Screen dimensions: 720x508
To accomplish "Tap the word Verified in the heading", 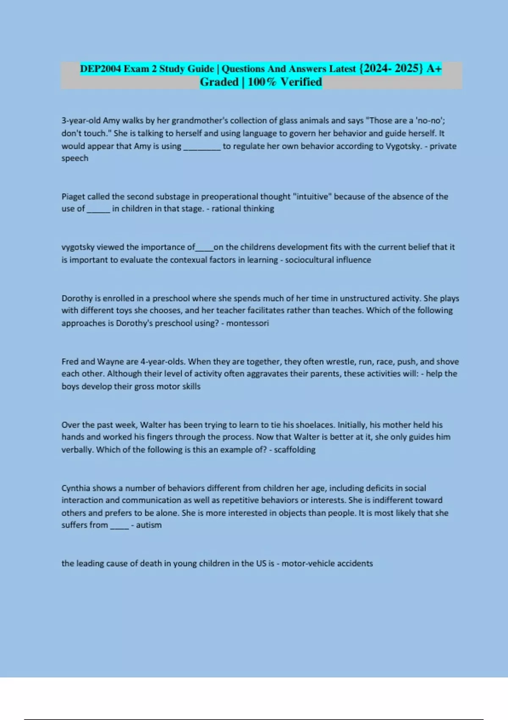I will [301, 82].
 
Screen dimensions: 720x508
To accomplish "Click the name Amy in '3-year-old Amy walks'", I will [111, 121].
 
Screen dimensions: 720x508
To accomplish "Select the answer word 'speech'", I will [75, 158].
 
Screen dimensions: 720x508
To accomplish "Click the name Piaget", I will [73, 197].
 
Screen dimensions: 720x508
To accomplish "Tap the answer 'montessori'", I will [248, 324].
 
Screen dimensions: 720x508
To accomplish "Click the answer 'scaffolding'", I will [295, 450].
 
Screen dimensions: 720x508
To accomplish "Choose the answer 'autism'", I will [149, 525].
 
